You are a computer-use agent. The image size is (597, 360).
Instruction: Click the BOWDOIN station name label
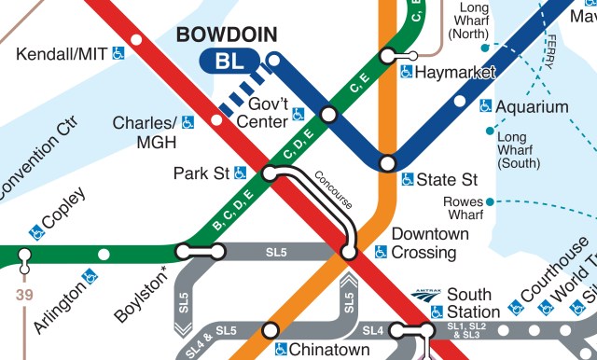pyautogui.click(x=227, y=35)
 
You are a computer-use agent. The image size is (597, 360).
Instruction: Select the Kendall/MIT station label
pyautogui.click(x=62, y=54)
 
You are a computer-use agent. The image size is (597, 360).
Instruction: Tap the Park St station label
pyautogui.click(x=201, y=173)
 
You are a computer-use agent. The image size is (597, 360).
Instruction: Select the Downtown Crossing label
pyautogui.click(x=423, y=242)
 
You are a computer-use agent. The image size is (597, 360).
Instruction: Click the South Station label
pyautogui.click(x=474, y=303)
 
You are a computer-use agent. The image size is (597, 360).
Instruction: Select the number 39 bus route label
pyautogui.click(x=23, y=295)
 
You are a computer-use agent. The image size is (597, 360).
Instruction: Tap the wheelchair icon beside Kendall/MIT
pyautogui.click(x=118, y=54)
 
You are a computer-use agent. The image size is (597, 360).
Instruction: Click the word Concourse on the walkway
pyautogui.click(x=333, y=189)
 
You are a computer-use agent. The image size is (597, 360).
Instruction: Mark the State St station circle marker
pyautogui.click(x=386, y=164)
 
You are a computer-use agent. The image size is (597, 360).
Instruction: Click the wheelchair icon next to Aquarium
pyautogui.click(x=486, y=106)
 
